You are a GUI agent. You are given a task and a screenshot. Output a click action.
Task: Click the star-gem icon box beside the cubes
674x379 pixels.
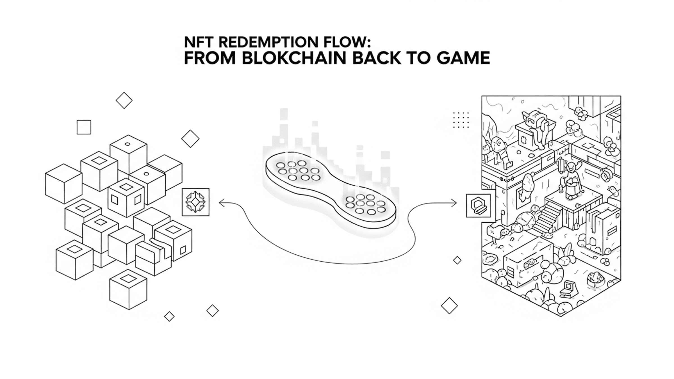(196, 202)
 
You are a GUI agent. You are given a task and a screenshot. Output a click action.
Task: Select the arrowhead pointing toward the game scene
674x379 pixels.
(455, 203)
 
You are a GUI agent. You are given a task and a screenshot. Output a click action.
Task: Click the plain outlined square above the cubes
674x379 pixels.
(84, 127)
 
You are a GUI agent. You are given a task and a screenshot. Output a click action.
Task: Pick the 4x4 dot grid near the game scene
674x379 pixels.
(461, 120)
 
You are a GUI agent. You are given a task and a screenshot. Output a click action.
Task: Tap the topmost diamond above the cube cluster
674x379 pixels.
(124, 100)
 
